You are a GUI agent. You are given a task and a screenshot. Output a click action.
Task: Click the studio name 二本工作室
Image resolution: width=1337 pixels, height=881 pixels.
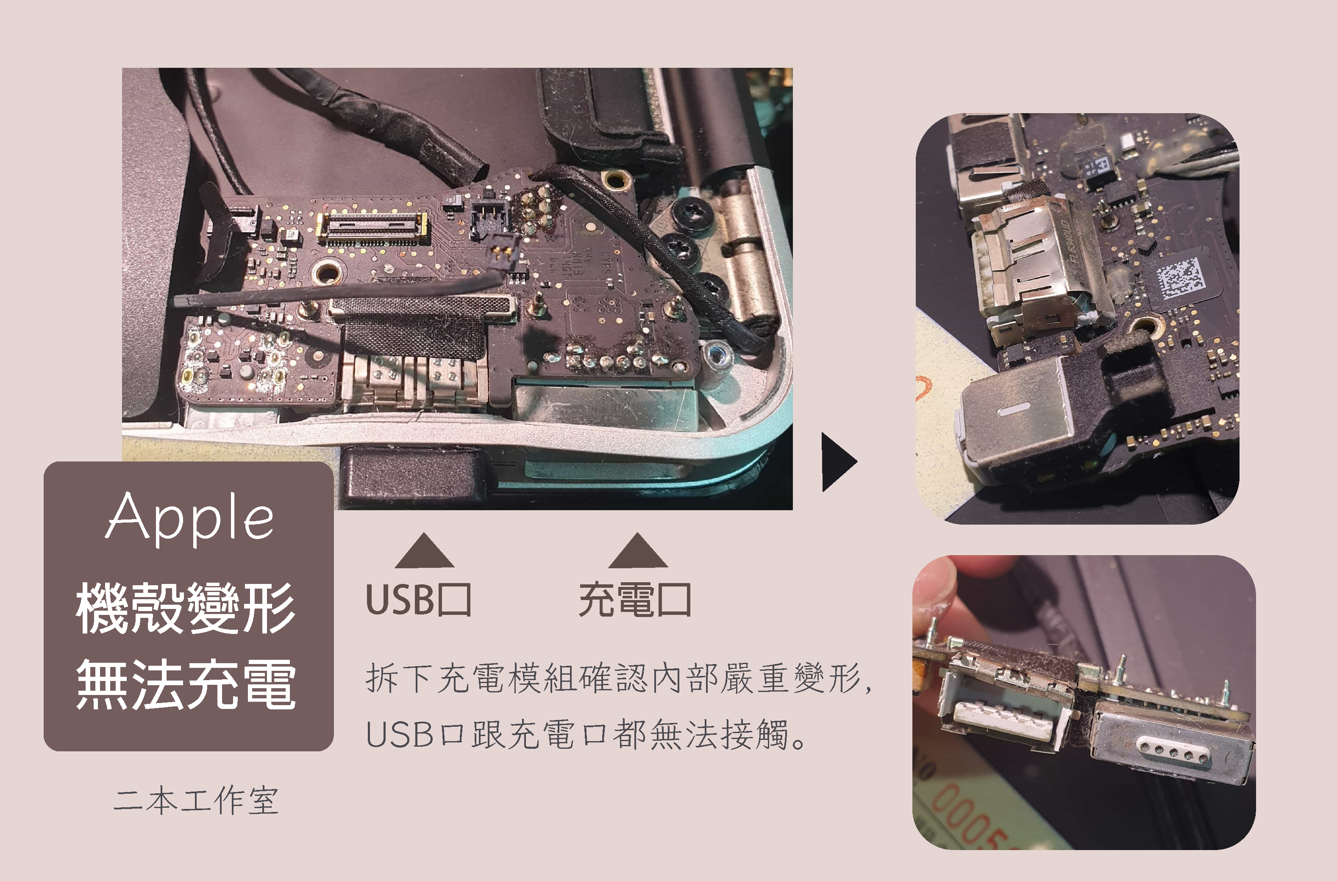click(195, 800)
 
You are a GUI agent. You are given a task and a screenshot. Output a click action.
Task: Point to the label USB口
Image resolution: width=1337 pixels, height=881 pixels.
click(419, 600)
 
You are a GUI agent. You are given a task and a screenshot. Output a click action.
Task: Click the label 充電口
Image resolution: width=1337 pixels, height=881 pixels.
click(635, 600)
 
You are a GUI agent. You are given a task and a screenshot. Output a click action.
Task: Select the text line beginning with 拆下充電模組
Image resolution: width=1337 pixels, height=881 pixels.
click(618, 678)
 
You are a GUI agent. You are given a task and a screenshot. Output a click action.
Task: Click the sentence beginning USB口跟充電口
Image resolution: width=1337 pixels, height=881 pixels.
click(587, 734)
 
